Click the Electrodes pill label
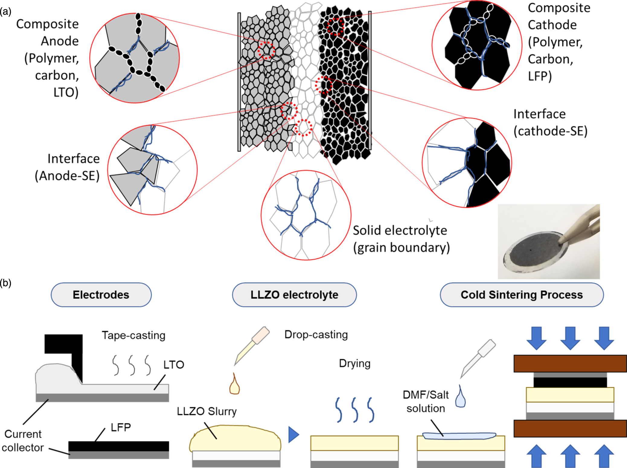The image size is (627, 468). tap(101, 295)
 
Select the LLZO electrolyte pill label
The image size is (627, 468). tap(294, 295)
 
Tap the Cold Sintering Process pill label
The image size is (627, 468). tap(521, 295)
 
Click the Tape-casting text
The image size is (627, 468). tap(133, 335)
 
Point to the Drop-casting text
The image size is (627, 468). tap(316, 334)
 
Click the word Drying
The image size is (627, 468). tap(354, 363)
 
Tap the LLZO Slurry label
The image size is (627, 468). tap(207, 411)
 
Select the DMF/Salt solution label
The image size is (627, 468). tap(426, 402)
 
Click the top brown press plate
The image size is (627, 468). tap(570, 363)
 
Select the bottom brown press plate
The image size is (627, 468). tap(570, 428)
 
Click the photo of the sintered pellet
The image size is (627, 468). tap(549, 242)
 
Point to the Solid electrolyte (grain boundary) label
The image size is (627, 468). tap(401, 239)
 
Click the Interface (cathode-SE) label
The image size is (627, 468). tap(550, 122)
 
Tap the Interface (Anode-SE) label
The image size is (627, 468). tap(67, 167)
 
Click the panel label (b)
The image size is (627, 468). tap(5, 283)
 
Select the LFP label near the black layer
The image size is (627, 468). tap(120, 427)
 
